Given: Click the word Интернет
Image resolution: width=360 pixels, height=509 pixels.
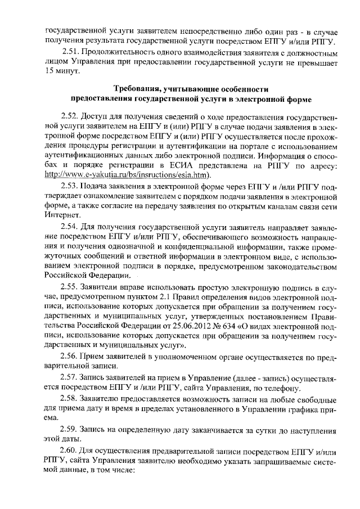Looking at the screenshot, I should coord(62,215).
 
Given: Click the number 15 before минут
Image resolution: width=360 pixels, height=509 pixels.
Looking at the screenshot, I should coord(50,73).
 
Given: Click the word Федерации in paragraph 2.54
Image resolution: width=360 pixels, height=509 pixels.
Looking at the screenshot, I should coord(102,276).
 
